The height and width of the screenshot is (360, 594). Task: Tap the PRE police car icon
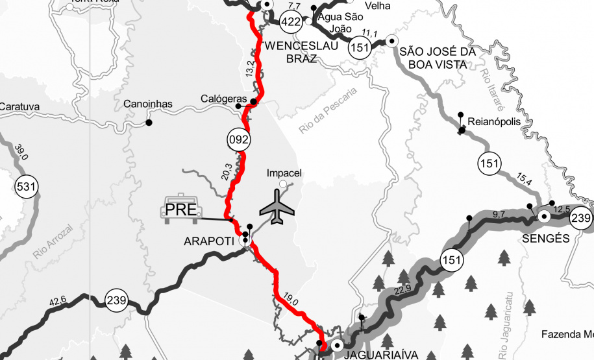181,210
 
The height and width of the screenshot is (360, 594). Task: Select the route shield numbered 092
238,139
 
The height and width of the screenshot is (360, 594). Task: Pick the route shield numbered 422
291,23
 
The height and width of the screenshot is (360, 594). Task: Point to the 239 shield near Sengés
580,219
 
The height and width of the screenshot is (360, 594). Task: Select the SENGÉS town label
546,238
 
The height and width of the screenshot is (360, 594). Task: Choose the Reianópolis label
494,120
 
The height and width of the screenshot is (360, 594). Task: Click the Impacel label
285,173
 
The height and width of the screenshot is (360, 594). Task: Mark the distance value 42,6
58,301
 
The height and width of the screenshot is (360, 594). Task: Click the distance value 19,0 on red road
290,299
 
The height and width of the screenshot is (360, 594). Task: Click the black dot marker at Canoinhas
149,123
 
